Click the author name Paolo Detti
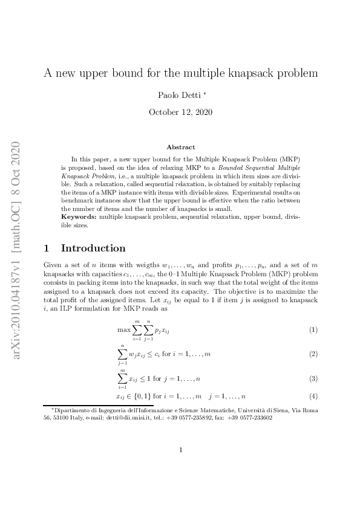[178, 95]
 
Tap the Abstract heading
[181, 147]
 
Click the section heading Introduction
[93, 248]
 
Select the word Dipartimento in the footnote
[72, 410]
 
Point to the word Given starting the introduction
[53, 266]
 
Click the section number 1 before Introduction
[47, 248]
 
